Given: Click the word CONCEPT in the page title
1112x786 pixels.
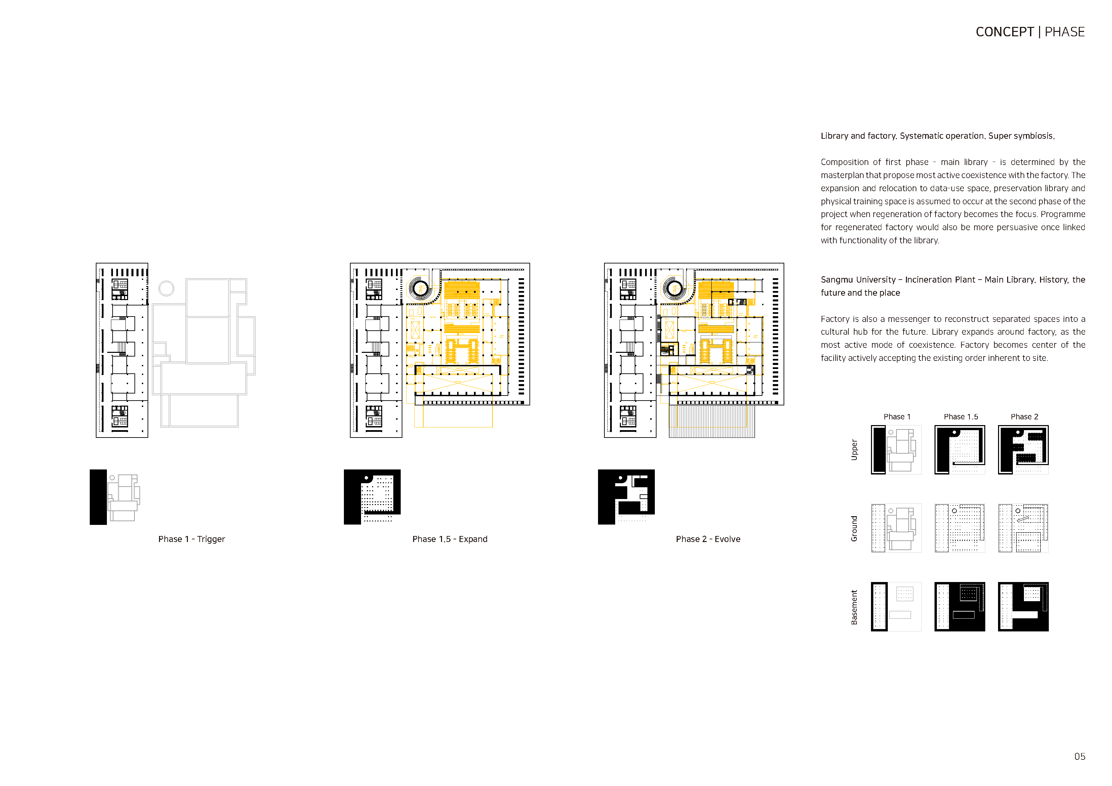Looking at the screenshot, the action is click(x=1004, y=32).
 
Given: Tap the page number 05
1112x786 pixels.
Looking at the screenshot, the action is click(x=1079, y=756).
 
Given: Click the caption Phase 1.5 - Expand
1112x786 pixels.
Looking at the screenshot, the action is click(x=449, y=539).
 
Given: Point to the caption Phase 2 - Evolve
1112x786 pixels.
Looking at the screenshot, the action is click(x=708, y=539).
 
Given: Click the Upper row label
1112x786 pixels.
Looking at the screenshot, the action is click(x=855, y=450).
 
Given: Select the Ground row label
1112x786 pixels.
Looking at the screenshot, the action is click(x=855, y=528).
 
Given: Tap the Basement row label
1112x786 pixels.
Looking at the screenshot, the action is click(x=855, y=607).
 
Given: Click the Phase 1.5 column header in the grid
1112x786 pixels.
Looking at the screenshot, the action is click(x=960, y=416).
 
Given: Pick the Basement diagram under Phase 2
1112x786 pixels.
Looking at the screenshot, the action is click(x=1023, y=607).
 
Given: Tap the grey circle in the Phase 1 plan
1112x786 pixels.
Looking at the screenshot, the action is click(x=166, y=288).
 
